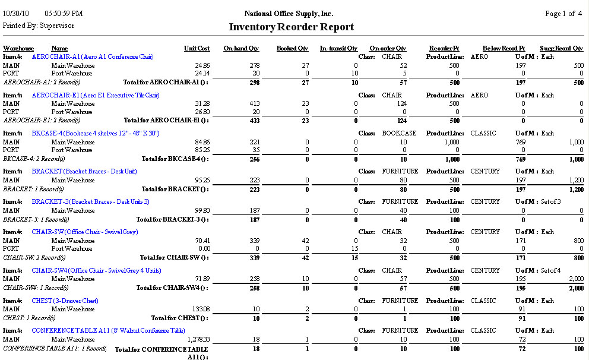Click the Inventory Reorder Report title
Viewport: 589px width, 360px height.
click(291, 27)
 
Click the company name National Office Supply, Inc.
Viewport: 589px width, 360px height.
click(289, 13)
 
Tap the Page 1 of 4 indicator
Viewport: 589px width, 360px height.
click(563, 13)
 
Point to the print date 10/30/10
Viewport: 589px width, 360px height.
click(15, 13)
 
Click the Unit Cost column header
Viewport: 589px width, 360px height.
click(197, 48)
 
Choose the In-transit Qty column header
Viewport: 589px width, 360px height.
click(338, 48)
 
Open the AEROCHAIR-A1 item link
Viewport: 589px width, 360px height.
click(93, 56)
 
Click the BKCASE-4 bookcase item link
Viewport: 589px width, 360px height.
click(95, 133)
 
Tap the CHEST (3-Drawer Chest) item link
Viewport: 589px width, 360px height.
click(65, 301)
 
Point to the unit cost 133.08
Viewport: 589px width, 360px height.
click(201, 309)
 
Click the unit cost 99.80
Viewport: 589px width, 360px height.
click(202, 210)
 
